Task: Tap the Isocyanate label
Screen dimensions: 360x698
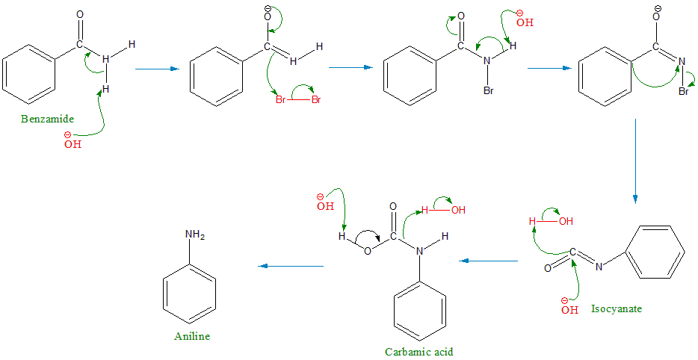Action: (x=617, y=308)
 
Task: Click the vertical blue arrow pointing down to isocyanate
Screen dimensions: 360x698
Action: (x=635, y=161)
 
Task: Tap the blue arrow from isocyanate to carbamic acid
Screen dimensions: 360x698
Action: (x=489, y=261)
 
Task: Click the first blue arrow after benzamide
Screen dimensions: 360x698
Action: (x=157, y=69)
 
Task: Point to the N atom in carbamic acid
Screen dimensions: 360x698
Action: (x=419, y=252)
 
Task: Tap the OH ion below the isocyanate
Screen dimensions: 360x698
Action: (x=570, y=308)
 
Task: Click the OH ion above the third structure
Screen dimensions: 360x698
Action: (x=525, y=22)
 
